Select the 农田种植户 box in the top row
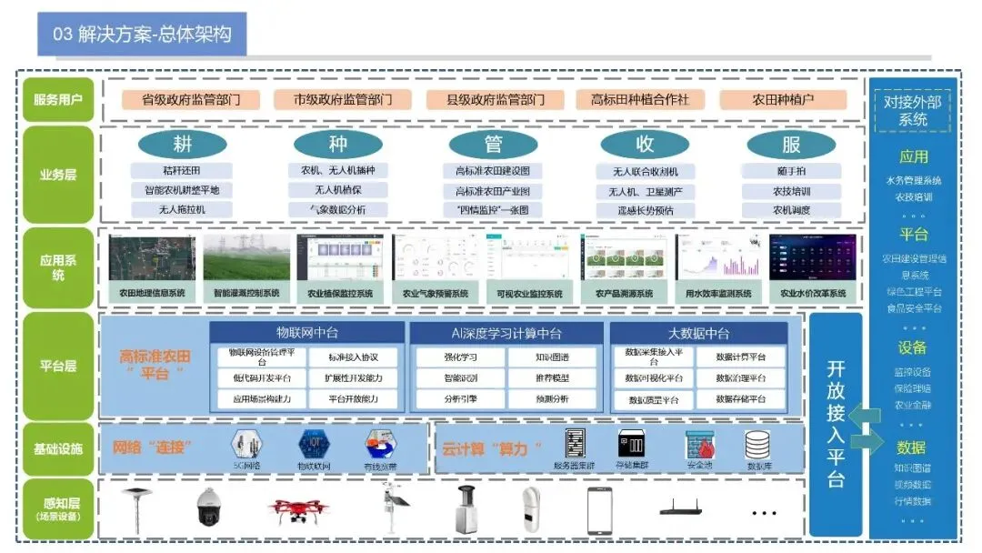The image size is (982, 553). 782,100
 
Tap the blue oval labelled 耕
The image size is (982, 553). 183,145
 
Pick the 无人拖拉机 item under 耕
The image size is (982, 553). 182,209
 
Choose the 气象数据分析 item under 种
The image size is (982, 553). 338,209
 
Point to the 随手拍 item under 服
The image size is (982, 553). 791,171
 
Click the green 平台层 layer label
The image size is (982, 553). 58,367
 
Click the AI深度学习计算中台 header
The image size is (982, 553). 506,333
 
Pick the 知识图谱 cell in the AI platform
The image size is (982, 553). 551,357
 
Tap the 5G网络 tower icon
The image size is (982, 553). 245,445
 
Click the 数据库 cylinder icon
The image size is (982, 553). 758,445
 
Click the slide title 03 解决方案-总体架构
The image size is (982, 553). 143,35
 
